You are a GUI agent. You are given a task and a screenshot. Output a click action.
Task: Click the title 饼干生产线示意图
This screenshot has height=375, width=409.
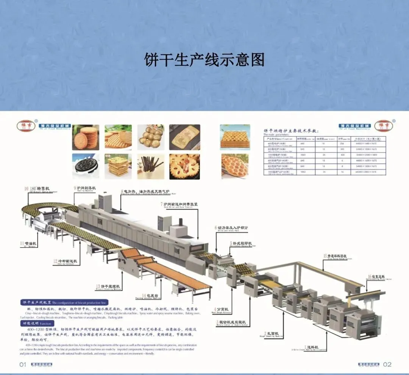click(x=204, y=60)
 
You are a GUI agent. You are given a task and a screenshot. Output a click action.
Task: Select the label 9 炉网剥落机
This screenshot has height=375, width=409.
click(x=85, y=188)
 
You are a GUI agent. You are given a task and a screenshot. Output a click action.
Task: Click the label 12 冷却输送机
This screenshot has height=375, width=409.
click(x=65, y=261)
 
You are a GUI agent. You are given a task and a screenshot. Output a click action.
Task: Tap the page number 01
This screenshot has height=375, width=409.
click(x=23, y=365)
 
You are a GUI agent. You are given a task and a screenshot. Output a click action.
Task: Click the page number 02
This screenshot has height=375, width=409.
click(x=387, y=365)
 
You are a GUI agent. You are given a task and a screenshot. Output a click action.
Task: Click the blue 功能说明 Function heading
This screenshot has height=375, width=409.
click(x=36, y=324)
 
